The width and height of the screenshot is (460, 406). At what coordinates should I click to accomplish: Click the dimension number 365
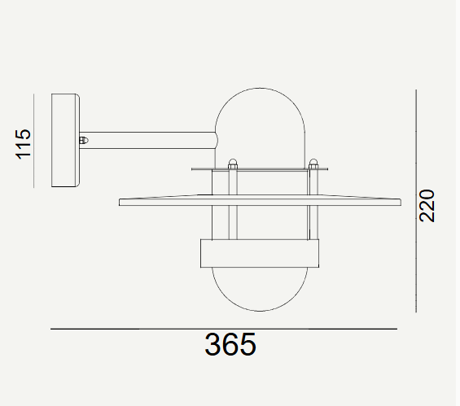tap(230, 345)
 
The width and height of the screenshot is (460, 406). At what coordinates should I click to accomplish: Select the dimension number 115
tap(24, 142)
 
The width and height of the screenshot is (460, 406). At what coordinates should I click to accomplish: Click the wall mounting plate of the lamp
tap(65, 141)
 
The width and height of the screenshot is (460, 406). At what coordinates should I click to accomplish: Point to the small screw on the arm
tap(83, 140)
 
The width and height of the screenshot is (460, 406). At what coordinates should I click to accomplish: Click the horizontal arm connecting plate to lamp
tap(147, 140)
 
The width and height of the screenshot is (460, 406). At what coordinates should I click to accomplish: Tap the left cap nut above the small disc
tap(232, 163)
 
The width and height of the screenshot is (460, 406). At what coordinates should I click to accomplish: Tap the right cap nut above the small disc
tap(313, 163)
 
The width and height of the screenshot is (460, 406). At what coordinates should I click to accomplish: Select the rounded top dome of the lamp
tap(261, 114)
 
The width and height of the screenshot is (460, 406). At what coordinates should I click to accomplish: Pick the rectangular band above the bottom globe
tap(261, 253)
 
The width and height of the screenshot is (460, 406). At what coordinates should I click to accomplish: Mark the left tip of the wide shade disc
tap(121, 202)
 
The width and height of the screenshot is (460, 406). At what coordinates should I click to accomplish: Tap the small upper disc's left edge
tap(194, 169)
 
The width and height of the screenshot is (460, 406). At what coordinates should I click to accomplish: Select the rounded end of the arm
tap(215, 140)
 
